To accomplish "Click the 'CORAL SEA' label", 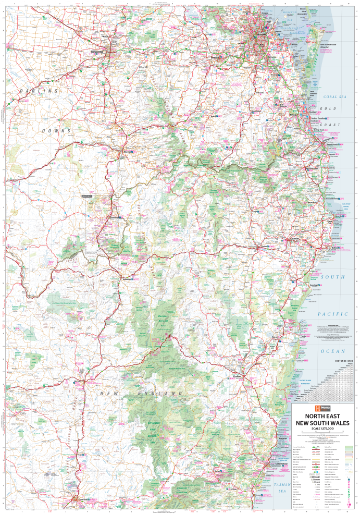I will pos(335,96).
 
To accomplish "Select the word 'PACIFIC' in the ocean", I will pos(333,314).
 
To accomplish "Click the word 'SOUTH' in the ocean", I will pos(333,276).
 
